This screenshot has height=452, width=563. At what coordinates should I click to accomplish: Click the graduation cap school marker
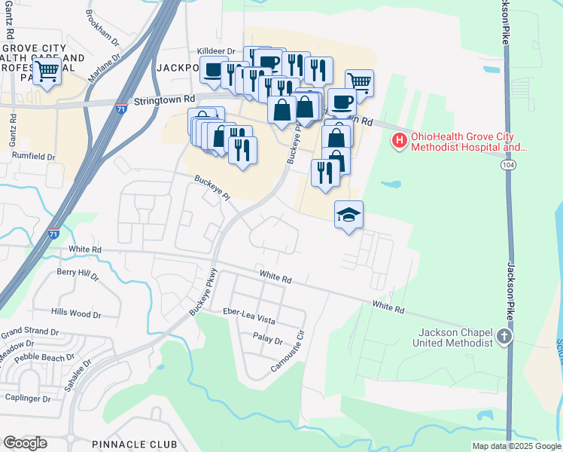348,215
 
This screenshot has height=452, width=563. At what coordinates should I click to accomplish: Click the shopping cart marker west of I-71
47,72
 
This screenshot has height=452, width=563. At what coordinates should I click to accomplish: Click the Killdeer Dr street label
216,50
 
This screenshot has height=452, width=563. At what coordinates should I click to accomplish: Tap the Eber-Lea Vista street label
249,316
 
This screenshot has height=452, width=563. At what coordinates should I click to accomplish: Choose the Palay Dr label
267,341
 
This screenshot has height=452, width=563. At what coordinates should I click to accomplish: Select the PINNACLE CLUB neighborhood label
135,444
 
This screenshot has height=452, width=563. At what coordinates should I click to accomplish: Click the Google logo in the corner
25,443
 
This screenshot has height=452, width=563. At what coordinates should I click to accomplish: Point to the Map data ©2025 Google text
516,446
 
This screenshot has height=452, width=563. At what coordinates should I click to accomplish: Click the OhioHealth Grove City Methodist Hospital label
466,142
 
